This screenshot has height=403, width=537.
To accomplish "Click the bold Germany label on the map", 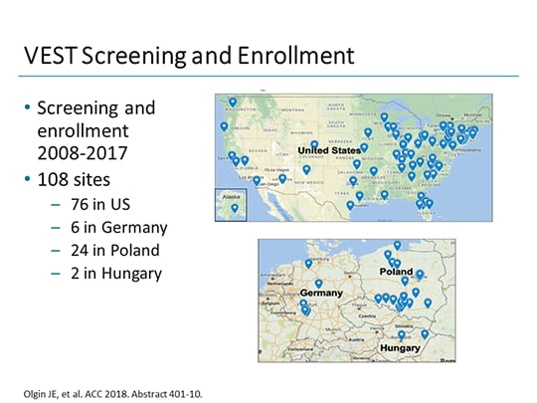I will pos(321,294).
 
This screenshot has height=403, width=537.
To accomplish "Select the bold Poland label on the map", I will pos(397,272).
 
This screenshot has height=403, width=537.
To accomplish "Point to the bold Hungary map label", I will pos(400,348).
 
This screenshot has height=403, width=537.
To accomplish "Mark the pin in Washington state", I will pos(233,101).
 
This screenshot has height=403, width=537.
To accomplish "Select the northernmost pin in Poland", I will pos(397,245).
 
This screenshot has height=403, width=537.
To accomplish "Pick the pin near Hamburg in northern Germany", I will pos(308,264).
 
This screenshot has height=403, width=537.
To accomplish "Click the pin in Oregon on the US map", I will pos(224,126).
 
